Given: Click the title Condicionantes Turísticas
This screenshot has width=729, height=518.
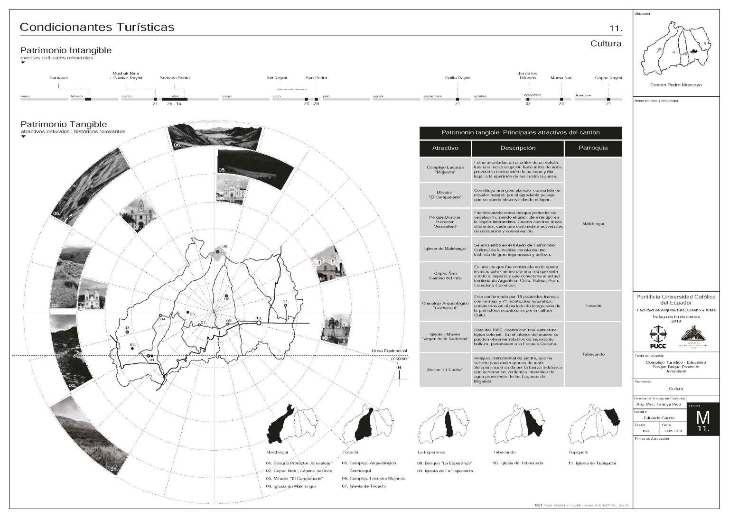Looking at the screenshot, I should click(x=97, y=27).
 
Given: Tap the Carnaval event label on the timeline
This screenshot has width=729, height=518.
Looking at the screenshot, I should click(x=58, y=78).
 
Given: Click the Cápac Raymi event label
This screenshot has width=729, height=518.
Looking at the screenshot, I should click(x=608, y=78).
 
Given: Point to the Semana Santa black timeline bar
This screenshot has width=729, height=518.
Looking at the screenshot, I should click(x=175, y=99).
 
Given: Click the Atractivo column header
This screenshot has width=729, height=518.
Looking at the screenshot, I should click(x=445, y=148).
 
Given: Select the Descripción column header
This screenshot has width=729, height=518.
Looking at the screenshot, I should click(x=518, y=148).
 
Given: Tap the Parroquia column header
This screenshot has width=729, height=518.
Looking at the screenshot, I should click(x=593, y=148).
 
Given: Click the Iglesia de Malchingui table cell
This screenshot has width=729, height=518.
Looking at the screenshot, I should click(x=445, y=249).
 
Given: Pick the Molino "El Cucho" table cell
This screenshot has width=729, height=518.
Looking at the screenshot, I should click(x=445, y=370).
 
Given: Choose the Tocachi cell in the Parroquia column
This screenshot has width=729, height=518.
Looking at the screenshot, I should click(x=593, y=305).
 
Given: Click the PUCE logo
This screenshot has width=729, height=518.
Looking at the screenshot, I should click(x=657, y=337).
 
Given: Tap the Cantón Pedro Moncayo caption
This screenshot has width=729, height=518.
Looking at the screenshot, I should click(x=675, y=85).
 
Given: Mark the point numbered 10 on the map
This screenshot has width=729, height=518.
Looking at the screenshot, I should click(x=259, y=323).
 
